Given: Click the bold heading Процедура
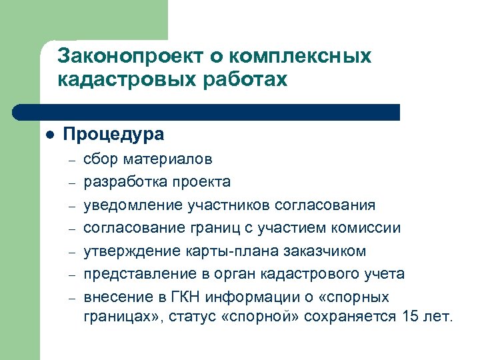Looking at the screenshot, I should (x=113, y=134).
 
